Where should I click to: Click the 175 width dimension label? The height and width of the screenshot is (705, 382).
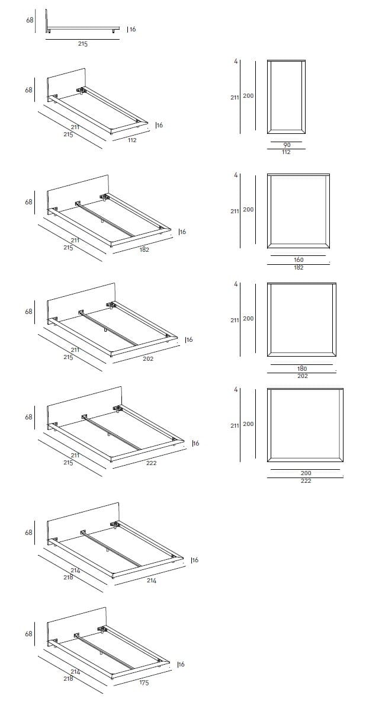[x=145, y=682]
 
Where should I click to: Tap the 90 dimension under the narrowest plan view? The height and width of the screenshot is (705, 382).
[x=287, y=145]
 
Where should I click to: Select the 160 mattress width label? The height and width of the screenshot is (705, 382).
[x=298, y=260]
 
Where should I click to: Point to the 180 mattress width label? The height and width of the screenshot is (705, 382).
[x=303, y=368]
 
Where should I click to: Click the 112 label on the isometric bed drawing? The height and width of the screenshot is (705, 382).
[x=131, y=140]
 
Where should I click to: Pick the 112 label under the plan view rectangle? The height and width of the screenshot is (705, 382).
[x=286, y=152]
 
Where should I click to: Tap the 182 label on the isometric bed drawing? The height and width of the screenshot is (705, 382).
[x=145, y=249]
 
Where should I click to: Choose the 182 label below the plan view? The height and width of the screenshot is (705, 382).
[x=298, y=268]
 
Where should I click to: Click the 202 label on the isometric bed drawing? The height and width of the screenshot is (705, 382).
[x=148, y=359]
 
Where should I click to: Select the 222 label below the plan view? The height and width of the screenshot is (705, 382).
[x=306, y=481]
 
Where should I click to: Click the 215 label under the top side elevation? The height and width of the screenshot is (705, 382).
[x=83, y=44]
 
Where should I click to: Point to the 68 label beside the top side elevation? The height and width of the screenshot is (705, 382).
[x=30, y=20]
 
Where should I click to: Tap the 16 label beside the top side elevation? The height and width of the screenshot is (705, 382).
[x=132, y=29]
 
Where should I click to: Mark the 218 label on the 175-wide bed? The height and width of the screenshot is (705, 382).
[x=68, y=678]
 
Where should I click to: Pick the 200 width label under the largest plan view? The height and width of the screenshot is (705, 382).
[x=306, y=473]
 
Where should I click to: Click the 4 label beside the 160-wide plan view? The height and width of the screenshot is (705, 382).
[x=236, y=175]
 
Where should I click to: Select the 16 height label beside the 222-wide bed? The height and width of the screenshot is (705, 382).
[x=196, y=443]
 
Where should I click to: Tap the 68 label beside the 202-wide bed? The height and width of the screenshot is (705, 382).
[x=29, y=311]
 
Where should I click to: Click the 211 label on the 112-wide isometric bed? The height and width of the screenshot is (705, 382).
[x=75, y=127]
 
